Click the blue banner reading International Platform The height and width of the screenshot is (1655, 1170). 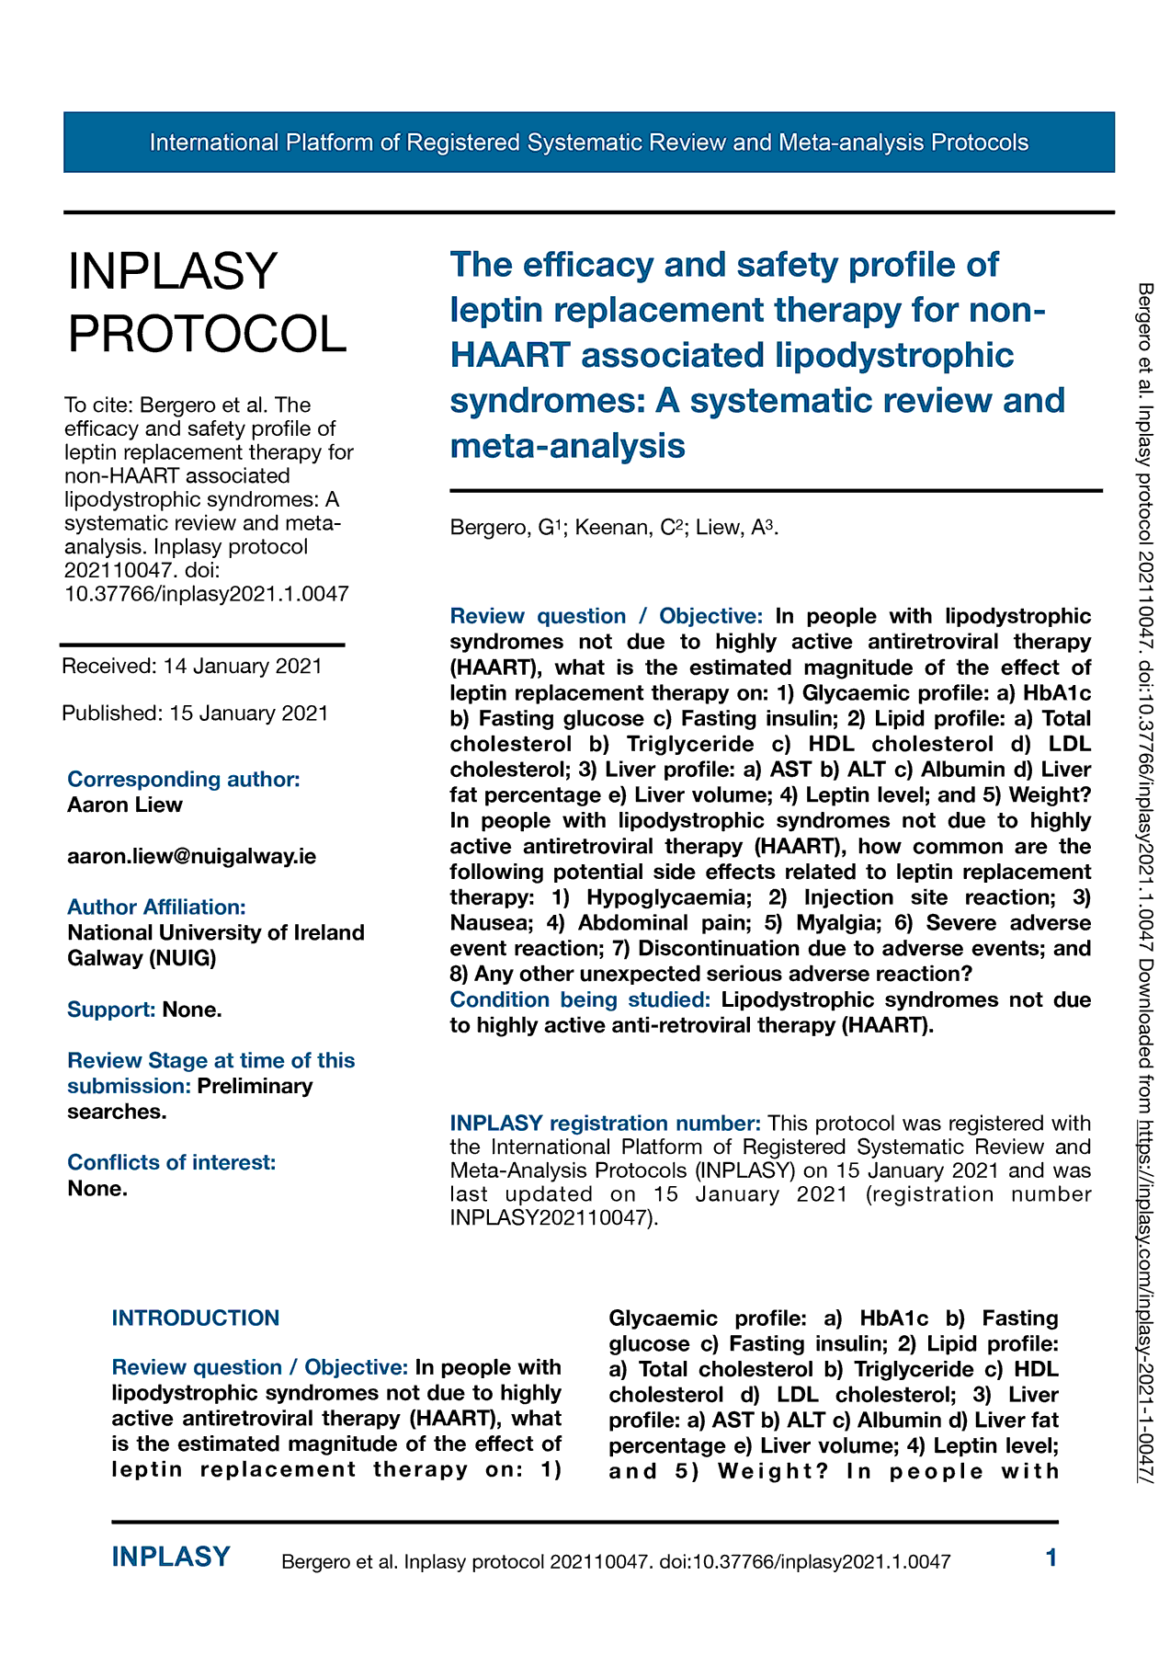pyautogui.click(x=588, y=143)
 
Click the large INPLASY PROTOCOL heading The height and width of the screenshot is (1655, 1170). pyautogui.click(x=207, y=302)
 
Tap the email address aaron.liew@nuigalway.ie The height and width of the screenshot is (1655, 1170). pyautogui.click(x=191, y=856)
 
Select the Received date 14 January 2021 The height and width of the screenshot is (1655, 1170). pyautogui.click(x=192, y=666)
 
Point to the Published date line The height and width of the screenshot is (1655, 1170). pyautogui.click(x=195, y=713)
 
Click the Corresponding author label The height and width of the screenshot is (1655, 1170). pyautogui.click(x=184, y=779)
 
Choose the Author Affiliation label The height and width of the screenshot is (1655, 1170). pyautogui.click(x=156, y=907)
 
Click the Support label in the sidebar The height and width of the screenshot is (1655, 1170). pyautogui.click(x=111, y=1010)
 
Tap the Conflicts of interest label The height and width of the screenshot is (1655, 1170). pyautogui.click(x=171, y=1162)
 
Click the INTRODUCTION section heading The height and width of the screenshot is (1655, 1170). pyautogui.click(x=195, y=1318)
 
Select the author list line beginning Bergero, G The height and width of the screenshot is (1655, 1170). pyautogui.click(x=614, y=527)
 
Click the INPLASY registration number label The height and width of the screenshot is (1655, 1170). pyautogui.click(x=605, y=1123)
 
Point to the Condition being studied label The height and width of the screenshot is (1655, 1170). pyautogui.click(x=580, y=999)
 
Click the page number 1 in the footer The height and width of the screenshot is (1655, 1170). pyautogui.click(x=1051, y=1558)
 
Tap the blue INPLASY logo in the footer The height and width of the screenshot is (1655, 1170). pyautogui.click(x=171, y=1557)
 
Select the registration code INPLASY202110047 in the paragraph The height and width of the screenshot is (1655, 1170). pyautogui.click(x=551, y=1218)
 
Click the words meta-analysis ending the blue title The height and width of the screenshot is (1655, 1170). pyautogui.click(x=567, y=446)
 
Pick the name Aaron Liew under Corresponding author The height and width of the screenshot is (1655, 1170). pyautogui.click(x=125, y=805)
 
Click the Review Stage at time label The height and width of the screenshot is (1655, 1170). pyautogui.click(x=210, y=1060)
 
